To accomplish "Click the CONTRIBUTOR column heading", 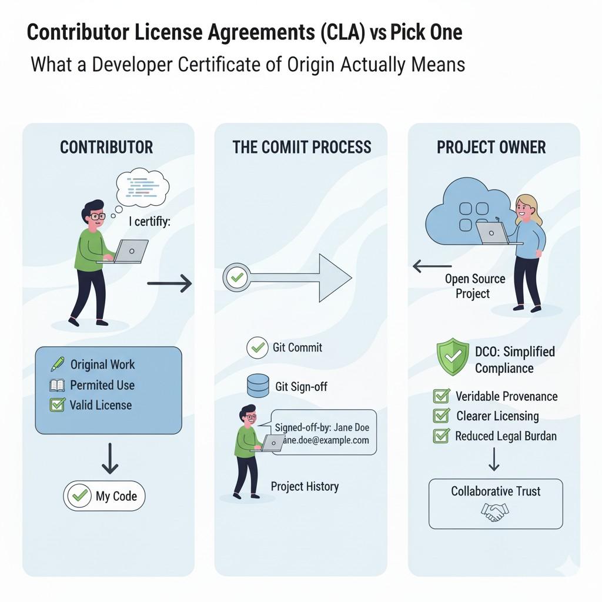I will [106, 147].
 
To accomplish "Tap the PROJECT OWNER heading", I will [491, 147].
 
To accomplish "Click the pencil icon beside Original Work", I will [57, 364].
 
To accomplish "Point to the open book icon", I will [57, 386].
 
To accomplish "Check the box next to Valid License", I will [57, 405].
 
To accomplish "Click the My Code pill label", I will [104, 496].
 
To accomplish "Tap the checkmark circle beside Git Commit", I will [257, 347].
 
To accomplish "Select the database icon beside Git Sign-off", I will [257, 386].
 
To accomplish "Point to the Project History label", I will [305, 486].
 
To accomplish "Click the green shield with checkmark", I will [453, 357].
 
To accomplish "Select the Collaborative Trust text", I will [496, 491].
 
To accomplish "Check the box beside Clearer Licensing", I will [441, 416].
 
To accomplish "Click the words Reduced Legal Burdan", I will [506, 436].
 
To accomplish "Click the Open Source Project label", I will [474, 286].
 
